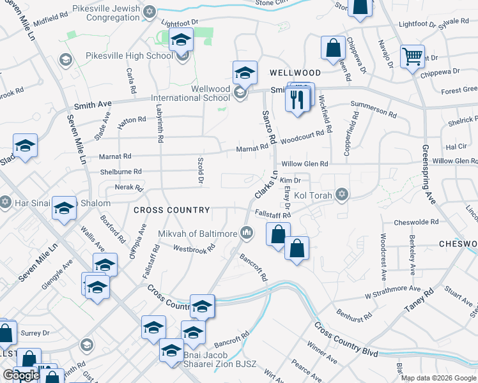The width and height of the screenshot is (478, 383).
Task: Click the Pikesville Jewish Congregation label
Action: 106,13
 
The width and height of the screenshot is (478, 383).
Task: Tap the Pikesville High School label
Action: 129,56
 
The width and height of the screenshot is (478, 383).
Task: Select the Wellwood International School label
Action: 190,93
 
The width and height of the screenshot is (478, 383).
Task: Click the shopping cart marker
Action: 412,56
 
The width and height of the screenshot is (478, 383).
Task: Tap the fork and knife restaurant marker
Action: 298,100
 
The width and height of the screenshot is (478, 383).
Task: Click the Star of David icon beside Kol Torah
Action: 343,193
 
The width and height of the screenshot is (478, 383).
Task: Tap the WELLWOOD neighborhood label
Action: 295,73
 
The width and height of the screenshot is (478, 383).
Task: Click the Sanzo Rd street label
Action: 269,126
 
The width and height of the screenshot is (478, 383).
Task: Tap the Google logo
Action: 21,375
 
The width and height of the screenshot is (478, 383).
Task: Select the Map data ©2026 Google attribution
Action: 438,378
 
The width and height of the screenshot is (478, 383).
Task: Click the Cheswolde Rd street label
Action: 416,222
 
